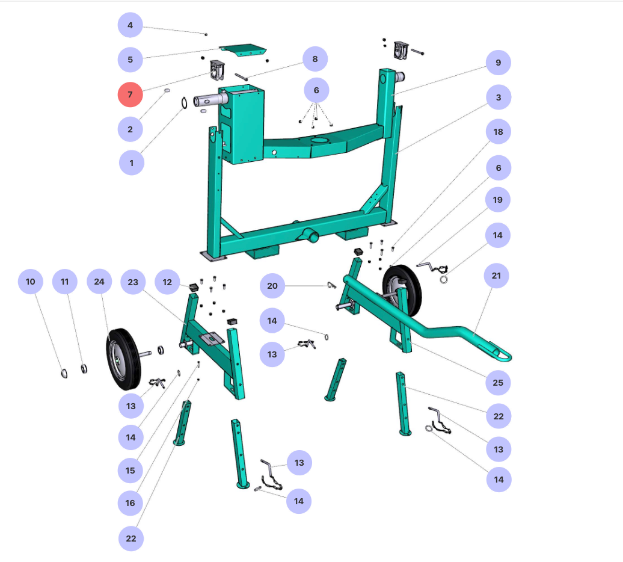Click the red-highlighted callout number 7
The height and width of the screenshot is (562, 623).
coord(130,94)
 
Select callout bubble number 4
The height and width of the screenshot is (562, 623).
coord(130,25)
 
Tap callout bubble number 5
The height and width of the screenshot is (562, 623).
coord(130,60)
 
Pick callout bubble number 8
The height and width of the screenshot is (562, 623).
coord(315,59)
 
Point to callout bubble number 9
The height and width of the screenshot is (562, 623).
coord(499,63)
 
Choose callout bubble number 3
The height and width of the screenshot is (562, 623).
coord(499,97)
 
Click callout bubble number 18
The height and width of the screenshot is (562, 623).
coord(499,132)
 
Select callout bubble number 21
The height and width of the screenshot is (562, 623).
coord(497,276)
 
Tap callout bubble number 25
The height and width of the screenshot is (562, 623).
coord(499,383)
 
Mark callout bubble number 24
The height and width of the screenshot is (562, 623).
coord(99,282)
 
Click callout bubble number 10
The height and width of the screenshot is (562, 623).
coord(31,282)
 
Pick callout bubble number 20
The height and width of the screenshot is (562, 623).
coord(272,286)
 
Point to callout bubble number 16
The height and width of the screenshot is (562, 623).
coord(130,503)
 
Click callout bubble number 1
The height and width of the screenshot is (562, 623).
coord(132,162)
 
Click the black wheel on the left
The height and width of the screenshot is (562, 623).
coord(123,359)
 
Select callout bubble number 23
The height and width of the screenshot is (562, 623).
coord(133,282)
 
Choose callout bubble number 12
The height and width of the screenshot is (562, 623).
coord(167,282)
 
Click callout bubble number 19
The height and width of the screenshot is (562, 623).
coord(497,200)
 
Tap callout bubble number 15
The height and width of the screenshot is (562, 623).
coord(130,471)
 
